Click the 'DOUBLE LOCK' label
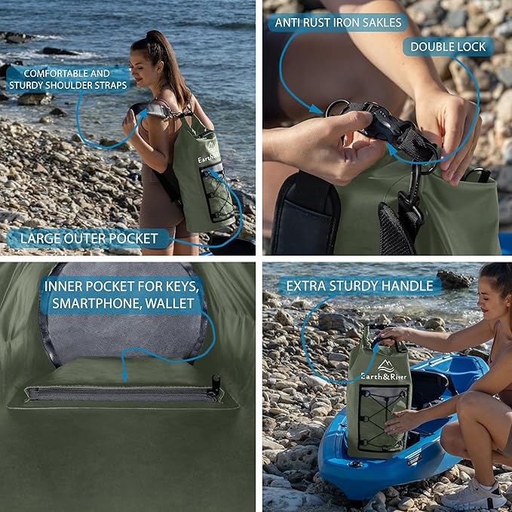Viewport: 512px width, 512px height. pyautogui.click(x=448, y=47)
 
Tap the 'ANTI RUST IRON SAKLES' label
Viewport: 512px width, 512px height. pyautogui.click(x=338, y=23)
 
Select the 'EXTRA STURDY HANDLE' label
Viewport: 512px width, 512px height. pyautogui.click(x=360, y=286)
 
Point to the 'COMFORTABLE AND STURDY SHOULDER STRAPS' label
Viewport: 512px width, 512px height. pyautogui.click(x=76, y=79)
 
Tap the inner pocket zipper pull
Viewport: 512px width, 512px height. pyautogui.click(x=216, y=385)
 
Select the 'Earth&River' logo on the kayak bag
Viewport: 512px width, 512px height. pyautogui.click(x=384, y=374)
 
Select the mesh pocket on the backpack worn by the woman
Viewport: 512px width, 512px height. pyautogui.click(x=218, y=197)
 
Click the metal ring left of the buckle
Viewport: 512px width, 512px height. pyautogui.click(x=336, y=108)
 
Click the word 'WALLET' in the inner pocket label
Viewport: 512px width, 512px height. pyautogui.click(x=170, y=305)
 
